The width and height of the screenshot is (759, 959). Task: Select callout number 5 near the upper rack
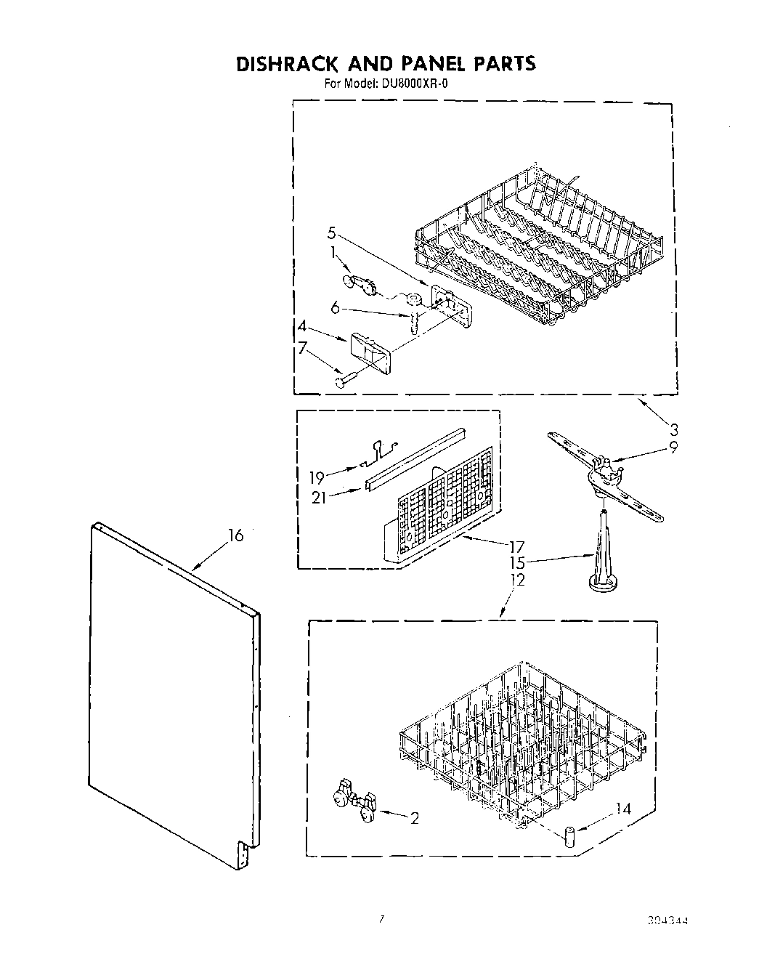click(x=331, y=233)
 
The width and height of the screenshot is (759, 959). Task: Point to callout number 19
click(x=317, y=478)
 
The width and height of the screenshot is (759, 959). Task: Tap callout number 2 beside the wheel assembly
click(x=414, y=819)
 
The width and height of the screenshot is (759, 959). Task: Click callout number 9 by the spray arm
click(x=673, y=448)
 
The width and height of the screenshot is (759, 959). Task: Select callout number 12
click(x=518, y=580)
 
